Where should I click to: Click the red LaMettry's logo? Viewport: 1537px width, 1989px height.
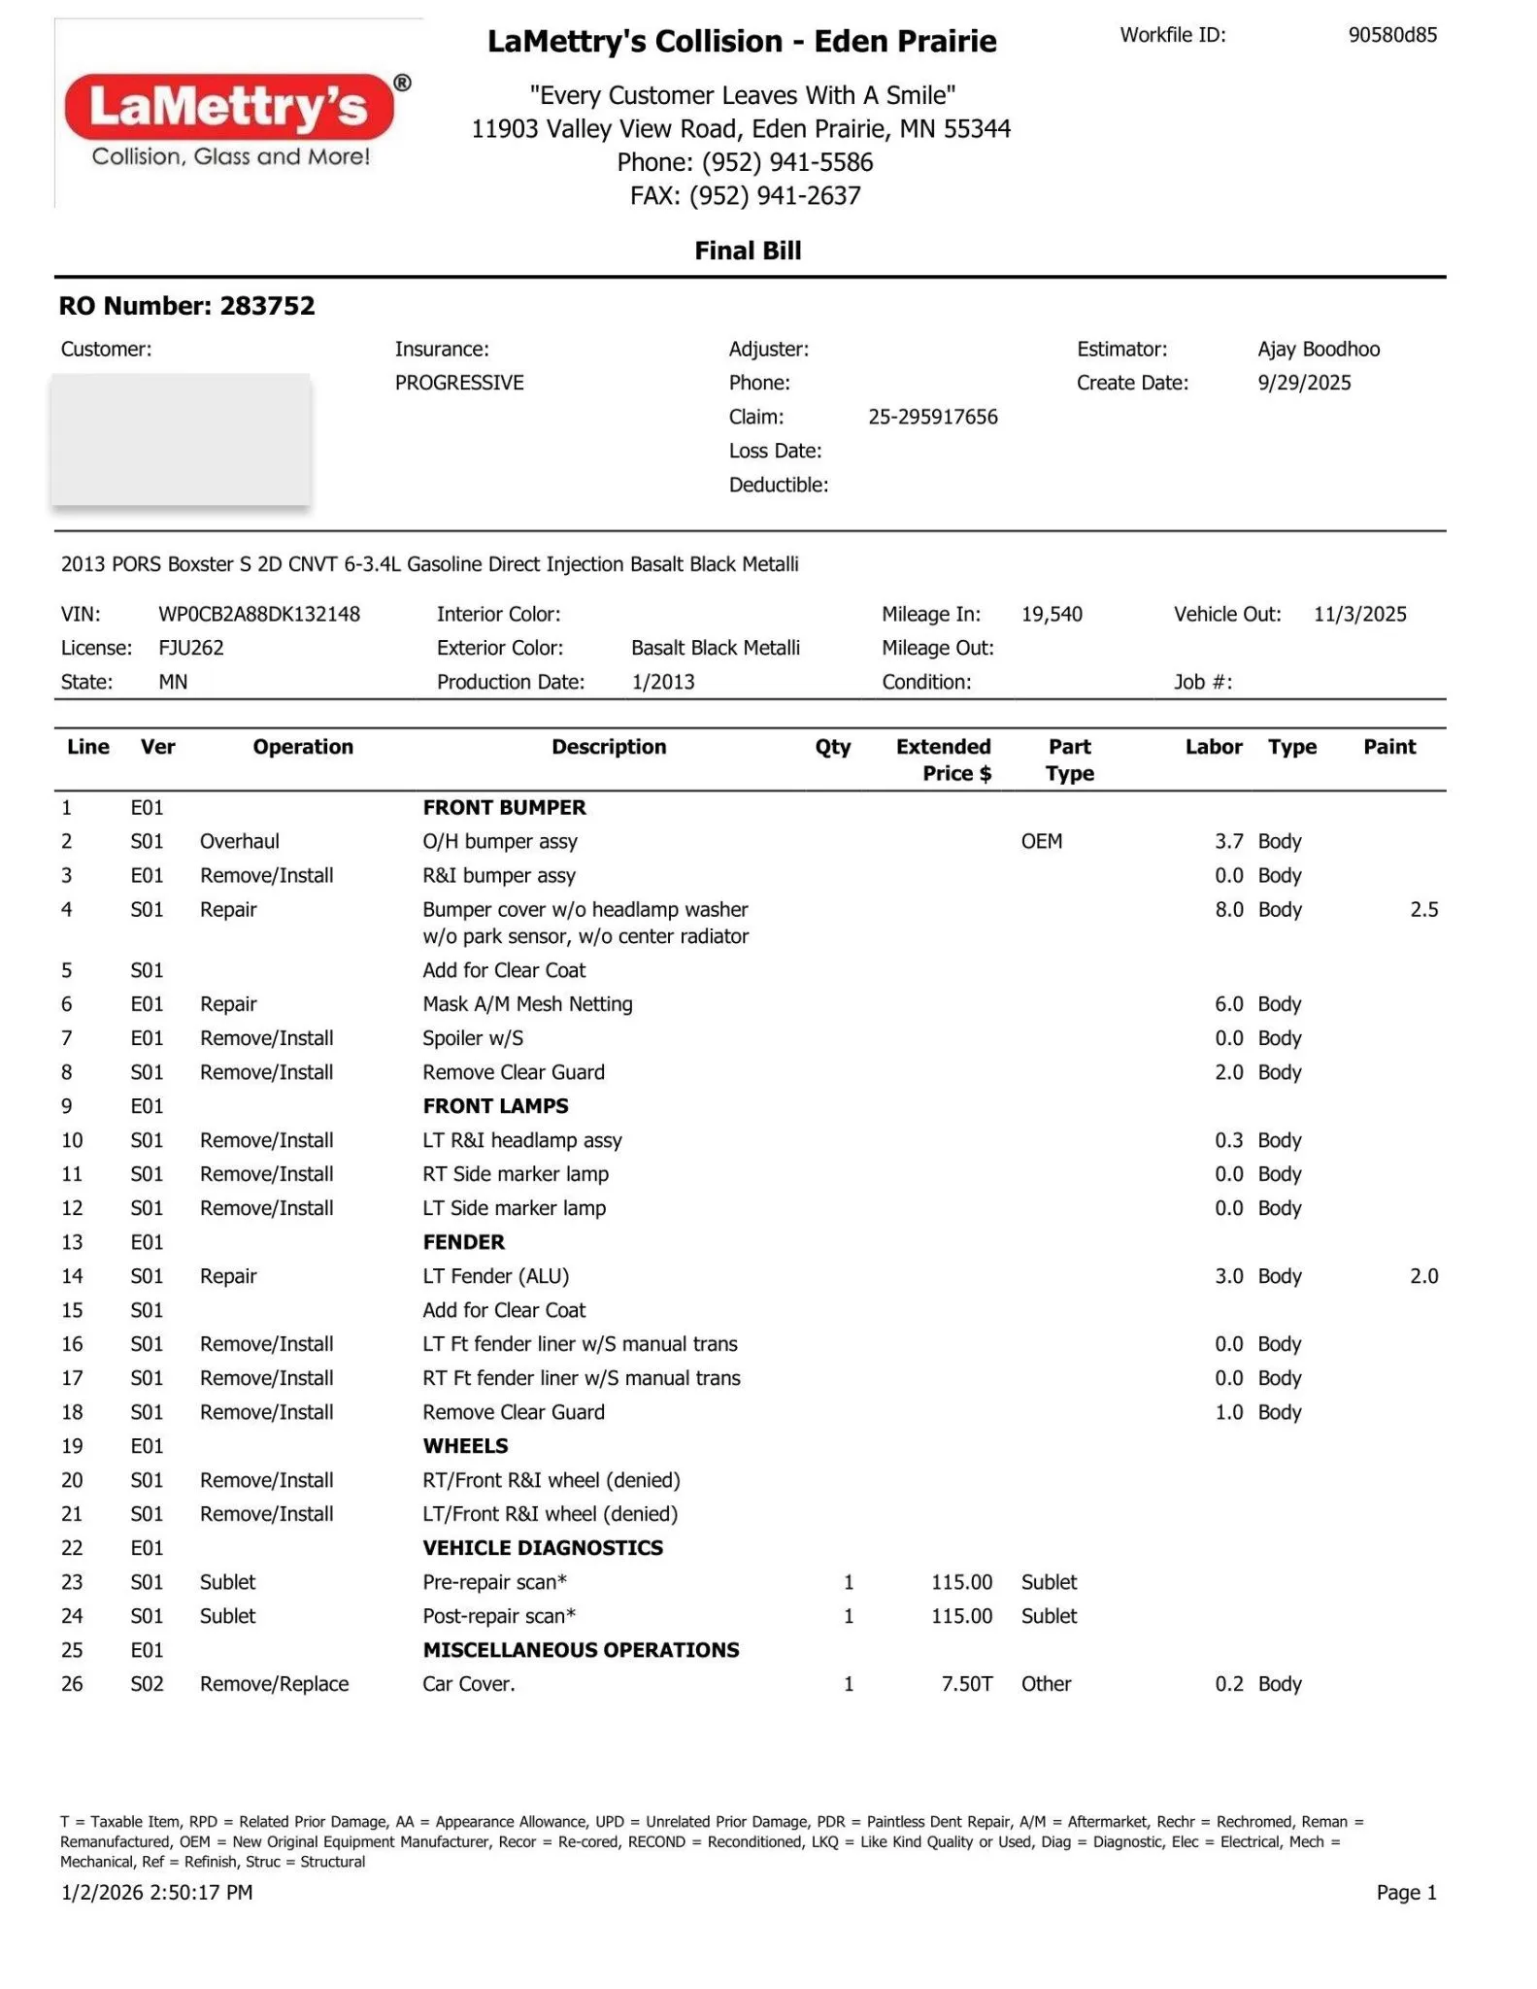coord(229,106)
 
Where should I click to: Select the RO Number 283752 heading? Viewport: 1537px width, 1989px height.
coord(186,306)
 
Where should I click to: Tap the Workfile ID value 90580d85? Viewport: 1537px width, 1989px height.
coord(1391,35)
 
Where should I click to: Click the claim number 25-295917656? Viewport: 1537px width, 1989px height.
coord(932,417)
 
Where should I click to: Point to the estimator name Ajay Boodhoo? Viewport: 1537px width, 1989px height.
coord(1318,349)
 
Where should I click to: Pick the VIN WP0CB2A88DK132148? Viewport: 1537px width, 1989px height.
coord(258,614)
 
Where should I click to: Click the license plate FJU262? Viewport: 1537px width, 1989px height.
coord(191,648)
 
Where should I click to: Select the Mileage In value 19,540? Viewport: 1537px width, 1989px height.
coord(1052,614)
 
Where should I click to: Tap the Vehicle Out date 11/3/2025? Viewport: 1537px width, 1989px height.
coord(1359,614)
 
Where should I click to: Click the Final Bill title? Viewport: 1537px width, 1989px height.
coord(748,251)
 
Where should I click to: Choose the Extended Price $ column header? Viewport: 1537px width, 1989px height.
coord(943,759)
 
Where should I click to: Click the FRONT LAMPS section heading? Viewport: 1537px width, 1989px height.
coord(495,1106)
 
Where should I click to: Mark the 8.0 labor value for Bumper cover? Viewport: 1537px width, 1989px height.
coord(1228,910)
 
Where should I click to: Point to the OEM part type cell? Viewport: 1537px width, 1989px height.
coord(1041,842)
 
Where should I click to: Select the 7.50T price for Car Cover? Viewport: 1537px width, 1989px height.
coord(966,1684)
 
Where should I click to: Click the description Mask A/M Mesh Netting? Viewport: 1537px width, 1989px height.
coord(527,1004)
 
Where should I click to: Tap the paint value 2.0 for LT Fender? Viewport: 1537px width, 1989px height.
coord(1423,1276)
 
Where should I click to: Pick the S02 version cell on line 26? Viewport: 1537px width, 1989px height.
coord(147,1684)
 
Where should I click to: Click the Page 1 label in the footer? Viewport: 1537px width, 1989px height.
coord(1406,1892)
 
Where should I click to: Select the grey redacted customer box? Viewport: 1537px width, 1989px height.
coord(181,439)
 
